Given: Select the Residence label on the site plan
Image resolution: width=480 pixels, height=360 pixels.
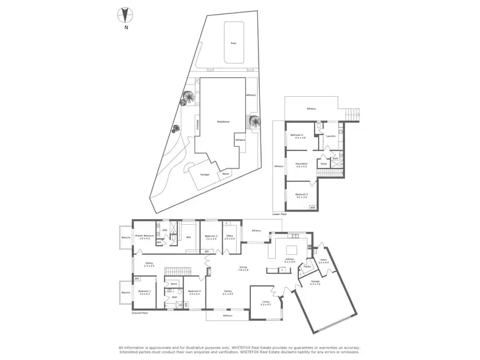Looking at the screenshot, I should (x=223, y=122).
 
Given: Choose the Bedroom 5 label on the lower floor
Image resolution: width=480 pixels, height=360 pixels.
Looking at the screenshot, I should (x=301, y=195).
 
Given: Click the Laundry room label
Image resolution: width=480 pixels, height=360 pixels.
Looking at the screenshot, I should (x=331, y=136).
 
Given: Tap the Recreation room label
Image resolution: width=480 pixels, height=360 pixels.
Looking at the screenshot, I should (x=301, y=165).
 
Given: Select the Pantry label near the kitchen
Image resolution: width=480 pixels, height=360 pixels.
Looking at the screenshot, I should (x=307, y=266).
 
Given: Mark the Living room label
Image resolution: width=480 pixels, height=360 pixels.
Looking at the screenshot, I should (x=266, y=304).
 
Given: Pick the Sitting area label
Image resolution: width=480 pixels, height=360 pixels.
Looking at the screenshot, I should (x=148, y=263).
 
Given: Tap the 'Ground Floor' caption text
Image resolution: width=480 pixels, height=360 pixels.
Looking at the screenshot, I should (x=140, y=314).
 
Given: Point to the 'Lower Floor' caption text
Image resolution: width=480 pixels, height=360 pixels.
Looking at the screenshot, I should (x=279, y=214).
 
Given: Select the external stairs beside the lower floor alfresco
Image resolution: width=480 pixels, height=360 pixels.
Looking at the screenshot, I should (x=351, y=114).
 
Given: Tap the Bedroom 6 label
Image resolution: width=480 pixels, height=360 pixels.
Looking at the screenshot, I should (x=298, y=136).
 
